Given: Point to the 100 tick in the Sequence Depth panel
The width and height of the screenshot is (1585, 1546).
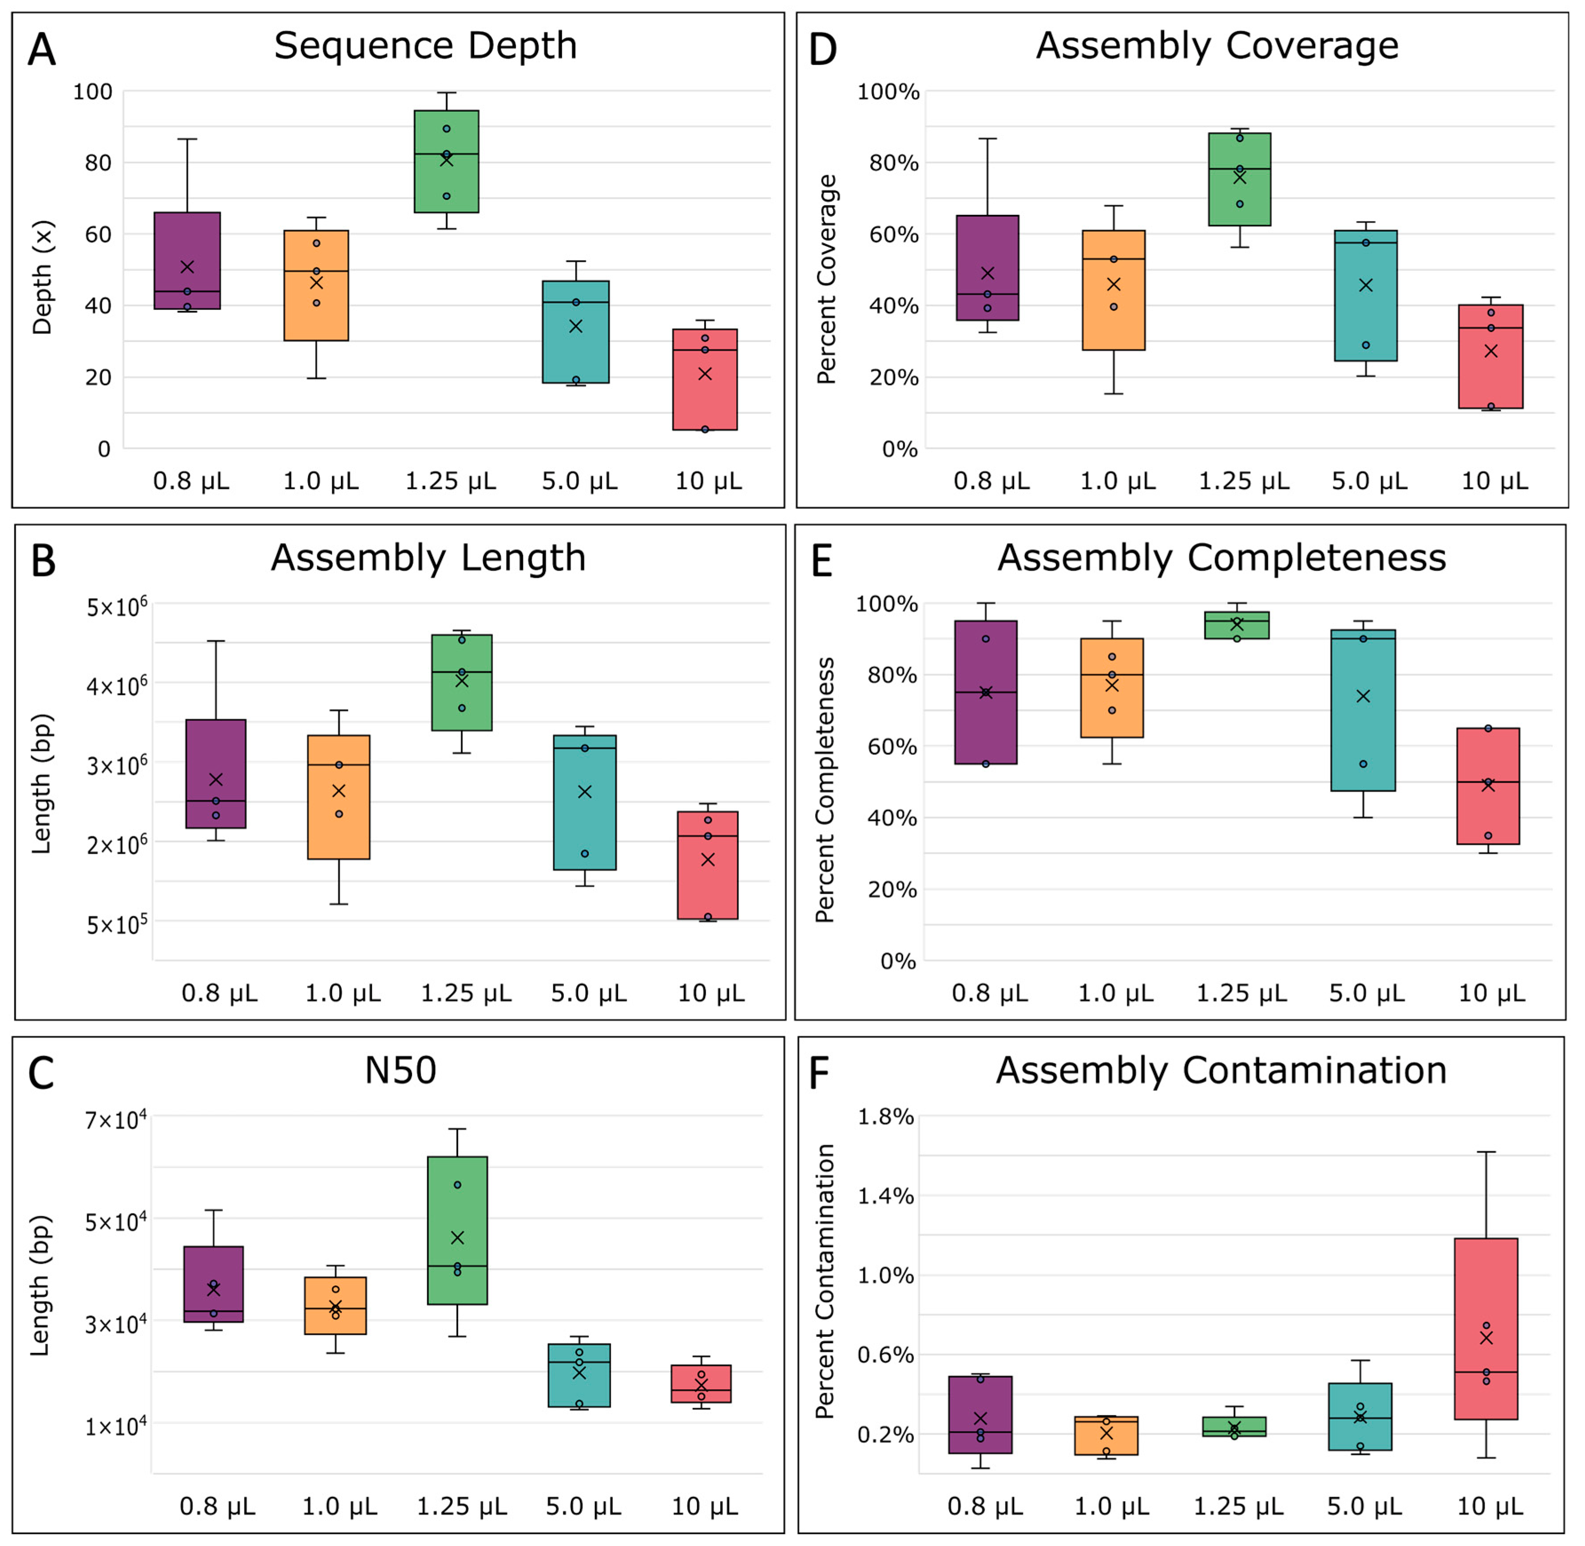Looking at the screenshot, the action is pyautogui.click(x=92, y=92).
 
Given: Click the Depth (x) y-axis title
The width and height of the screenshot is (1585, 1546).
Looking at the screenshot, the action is pyautogui.click(x=42, y=277).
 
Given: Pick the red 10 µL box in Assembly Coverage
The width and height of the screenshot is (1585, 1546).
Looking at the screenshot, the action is pyautogui.click(x=1491, y=357).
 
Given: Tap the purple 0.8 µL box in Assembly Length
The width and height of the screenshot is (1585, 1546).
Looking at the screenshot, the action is pyautogui.click(x=216, y=774).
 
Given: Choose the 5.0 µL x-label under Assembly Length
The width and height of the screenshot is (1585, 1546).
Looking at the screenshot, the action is pyautogui.click(x=589, y=993).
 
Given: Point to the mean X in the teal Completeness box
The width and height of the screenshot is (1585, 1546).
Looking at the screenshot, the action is pyautogui.click(x=1363, y=696).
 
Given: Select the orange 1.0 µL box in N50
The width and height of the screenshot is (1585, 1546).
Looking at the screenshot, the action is pyautogui.click(x=335, y=1306).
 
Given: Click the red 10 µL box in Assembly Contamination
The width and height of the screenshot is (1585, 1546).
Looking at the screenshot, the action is pyautogui.click(x=1486, y=1329).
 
